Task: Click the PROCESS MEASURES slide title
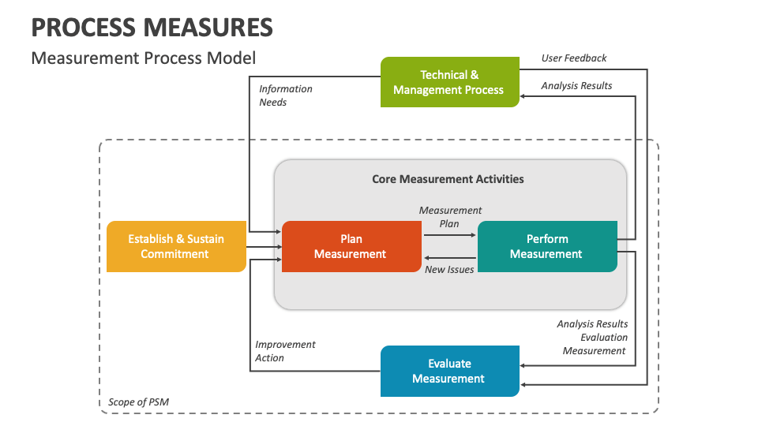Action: [x=152, y=28]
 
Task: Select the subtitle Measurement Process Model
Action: [x=143, y=58]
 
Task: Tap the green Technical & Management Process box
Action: [x=449, y=82]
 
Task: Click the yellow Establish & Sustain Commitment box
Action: [x=176, y=246]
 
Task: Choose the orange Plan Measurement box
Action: [x=351, y=246]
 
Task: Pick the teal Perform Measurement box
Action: [x=547, y=246]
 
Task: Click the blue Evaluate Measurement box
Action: [x=449, y=371]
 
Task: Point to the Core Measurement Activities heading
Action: [x=448, y=179]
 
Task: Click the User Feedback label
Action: [x=574, y=58]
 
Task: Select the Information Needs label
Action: [x=286, y=95]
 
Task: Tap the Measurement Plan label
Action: [x=450, y=216]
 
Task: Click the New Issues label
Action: [x=449, y=270]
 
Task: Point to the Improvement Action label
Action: [x=285, y=351]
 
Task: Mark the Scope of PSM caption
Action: [x=138, y=402]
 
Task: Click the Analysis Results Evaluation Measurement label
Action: [x=593, y=337]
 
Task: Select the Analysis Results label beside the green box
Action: [x=576, y=85]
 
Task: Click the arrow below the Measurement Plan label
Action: [x=450, y=235]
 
